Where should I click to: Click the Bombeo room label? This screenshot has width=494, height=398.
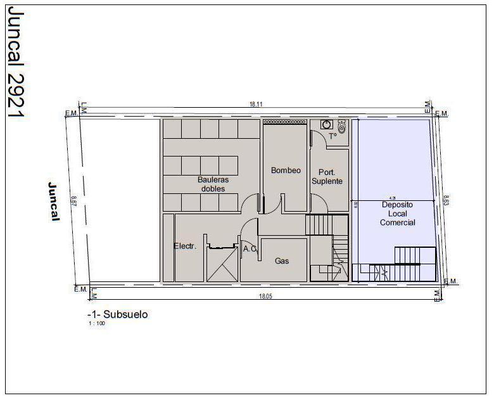(286, 170)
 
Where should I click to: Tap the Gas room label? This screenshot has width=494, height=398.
(282, 260)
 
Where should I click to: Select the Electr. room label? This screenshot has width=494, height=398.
(185, 246)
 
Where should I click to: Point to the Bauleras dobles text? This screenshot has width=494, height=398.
(213, 184)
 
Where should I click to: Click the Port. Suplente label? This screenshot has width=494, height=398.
(327, 176)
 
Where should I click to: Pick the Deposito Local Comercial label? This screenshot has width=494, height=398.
(397, 214)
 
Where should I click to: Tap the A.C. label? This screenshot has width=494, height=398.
(250, 249)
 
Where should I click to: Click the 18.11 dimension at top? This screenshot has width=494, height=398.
(256, 104)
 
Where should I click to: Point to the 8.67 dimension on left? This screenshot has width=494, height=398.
(73, 200)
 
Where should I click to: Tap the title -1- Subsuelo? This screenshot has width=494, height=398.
(118, 314)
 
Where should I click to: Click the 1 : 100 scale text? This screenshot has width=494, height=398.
(96, 323)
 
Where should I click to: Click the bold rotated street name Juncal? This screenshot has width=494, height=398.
(54, 202)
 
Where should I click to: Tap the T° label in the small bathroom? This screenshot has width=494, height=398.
(332, 136)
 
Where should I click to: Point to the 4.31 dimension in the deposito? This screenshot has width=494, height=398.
(393, 198)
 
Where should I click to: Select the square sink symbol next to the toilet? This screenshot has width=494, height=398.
(327, 125)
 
